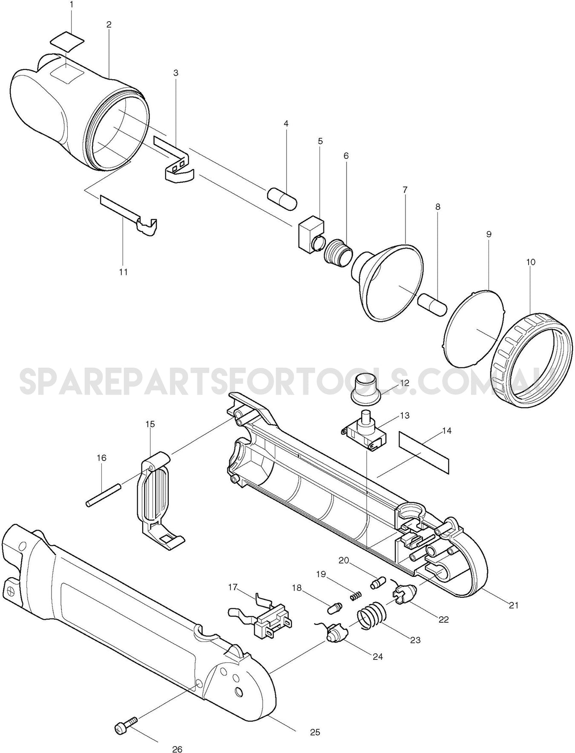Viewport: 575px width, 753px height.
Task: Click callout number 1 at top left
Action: click(x=71, y=5)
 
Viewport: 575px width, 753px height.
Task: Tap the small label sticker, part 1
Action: click(x=67, y=40)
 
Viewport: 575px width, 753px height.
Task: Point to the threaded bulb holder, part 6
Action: click(x=338, y=253)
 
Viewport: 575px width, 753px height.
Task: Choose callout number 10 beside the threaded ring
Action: click(x=530, y=262)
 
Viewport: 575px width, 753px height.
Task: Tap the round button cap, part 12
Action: click(x=365, y=388)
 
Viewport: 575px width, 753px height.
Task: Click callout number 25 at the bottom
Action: click(x=315, y=732)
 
